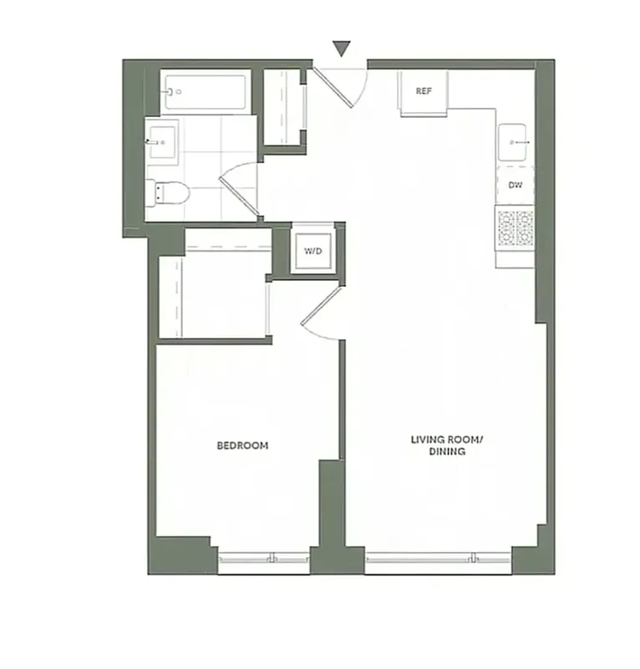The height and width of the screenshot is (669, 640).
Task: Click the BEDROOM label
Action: pyautogui.click(x=242, y=446)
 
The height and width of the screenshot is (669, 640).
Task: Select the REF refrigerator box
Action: pyautogui.click(x=424, y=91)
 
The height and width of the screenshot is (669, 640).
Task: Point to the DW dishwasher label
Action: pyautogui.click(x=516, y=185)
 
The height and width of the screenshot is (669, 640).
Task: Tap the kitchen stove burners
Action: pyautogui.click(x=516, y=228)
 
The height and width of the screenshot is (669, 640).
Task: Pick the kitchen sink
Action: pyautogui.click(x=515, y=143)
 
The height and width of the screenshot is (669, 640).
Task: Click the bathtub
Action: pyautogui.click(x=206, y=92)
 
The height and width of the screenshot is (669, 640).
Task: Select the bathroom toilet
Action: pyautogui.click(x=170, y=193)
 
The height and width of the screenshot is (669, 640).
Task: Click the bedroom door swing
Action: pyautogui.click(x=320, y=314)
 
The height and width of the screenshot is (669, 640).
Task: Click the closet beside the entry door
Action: pyautogui.click(x=284, y=107)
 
